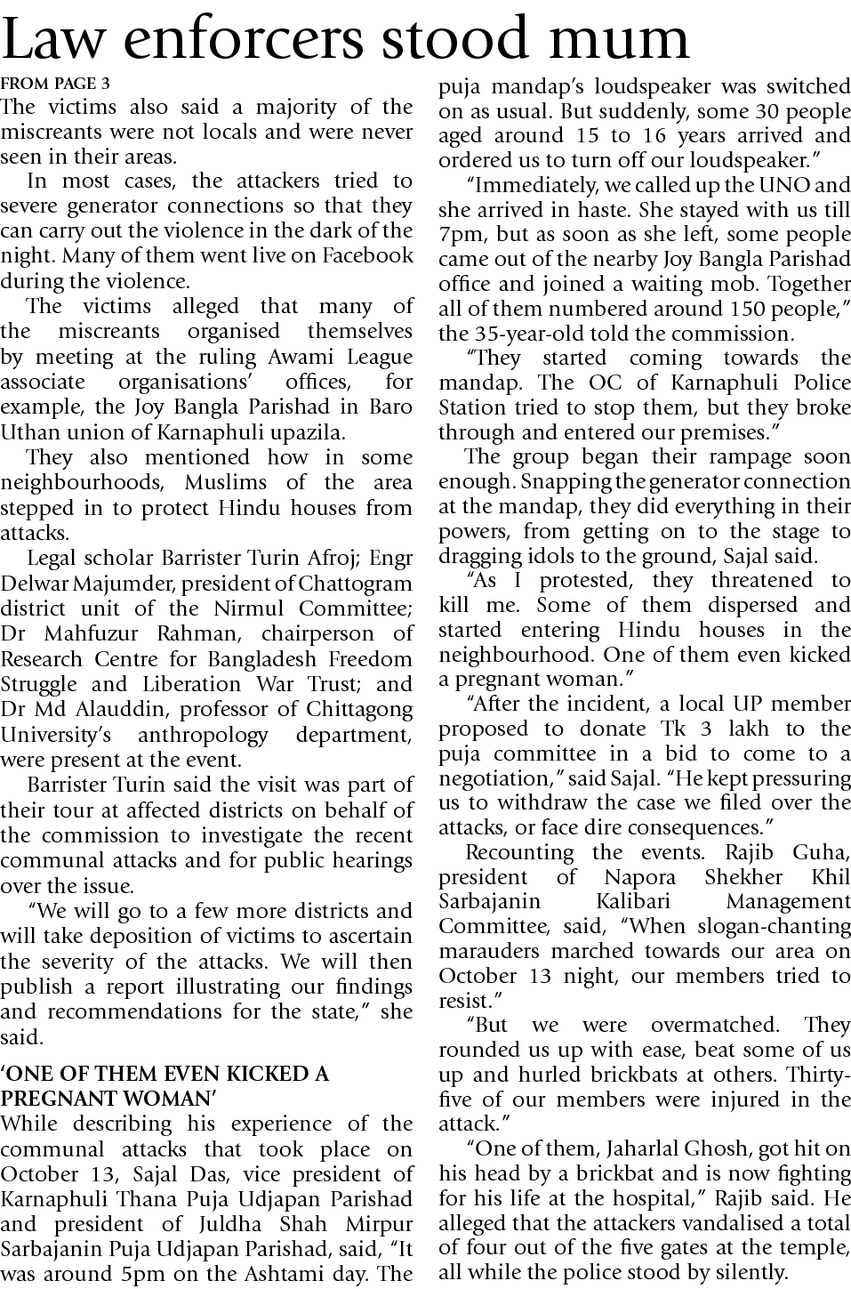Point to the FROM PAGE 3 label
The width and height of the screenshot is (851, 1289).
coord(55,85)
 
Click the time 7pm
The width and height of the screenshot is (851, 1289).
coord(460,236)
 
